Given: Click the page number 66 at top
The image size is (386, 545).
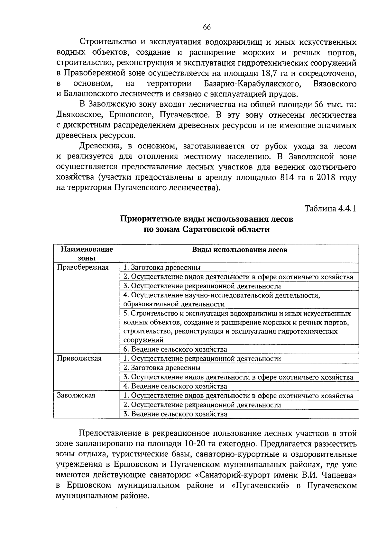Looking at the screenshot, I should click(x=207, y=27).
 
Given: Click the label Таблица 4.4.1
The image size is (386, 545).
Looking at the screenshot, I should click(x=330, y=209).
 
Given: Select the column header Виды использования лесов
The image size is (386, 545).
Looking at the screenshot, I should click(x=240, y=250).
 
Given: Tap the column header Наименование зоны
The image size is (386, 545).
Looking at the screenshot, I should click(x=87, y=254).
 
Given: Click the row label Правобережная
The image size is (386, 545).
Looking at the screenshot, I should click(x=83, y=267).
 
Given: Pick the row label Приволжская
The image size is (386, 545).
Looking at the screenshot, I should click(x=79, y=358).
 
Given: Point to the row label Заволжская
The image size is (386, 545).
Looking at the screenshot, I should click(x=76, y=395).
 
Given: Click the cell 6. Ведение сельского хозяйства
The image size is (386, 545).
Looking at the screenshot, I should click(x=175, y=349).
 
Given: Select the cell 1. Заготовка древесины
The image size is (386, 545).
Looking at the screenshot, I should click(x=162, y=267).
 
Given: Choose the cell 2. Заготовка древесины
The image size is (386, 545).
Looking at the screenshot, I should click(x=162, y=368).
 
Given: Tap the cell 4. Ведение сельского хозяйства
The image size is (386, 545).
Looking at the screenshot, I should click(x=175, y=386).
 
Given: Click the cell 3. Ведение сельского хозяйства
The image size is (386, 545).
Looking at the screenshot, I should click(x=175, y=414).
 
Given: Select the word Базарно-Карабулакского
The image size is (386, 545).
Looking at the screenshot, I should click(x=252, y=84).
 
